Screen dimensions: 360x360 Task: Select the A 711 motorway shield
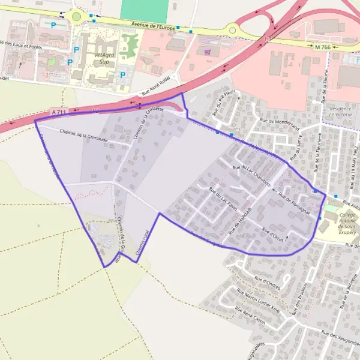[x=58, y=112]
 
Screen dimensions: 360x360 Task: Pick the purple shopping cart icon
[x=208, y=52]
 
